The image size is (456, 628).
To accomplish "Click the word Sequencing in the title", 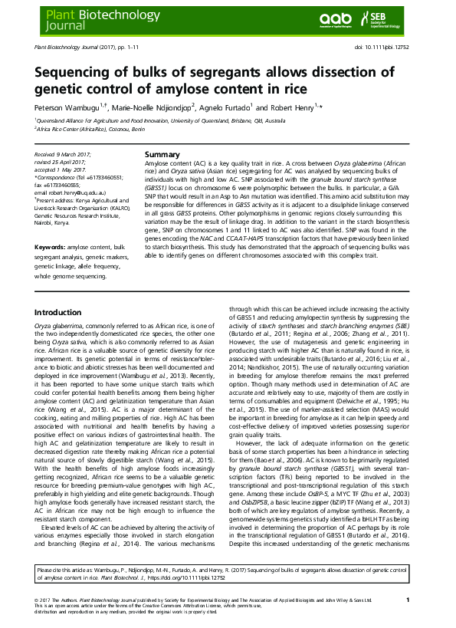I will (79, 74).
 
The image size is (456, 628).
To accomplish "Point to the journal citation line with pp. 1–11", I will (84, 48).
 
